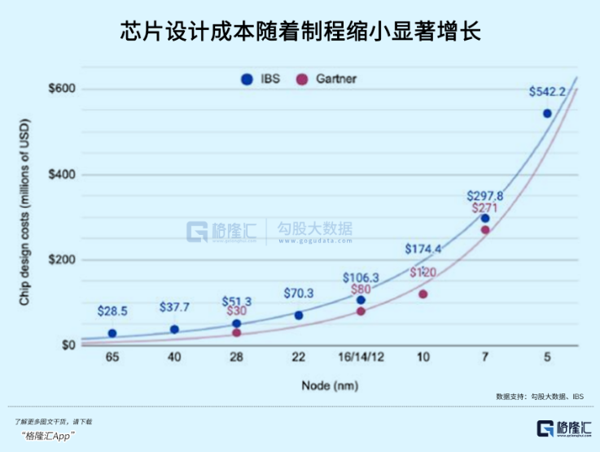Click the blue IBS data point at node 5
click(547, 113)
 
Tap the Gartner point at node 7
click(485, 230)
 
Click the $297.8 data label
click(485, 196)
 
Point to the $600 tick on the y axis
click(62, 89)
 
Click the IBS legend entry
click(260, 79)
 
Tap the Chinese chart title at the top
click(300, 33)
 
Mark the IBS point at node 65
click(112, 333)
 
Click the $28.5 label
click(112, 311)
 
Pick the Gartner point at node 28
click(237, 332)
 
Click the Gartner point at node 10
click(423, 293)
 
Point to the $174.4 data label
click(423, 249)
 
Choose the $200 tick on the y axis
click(62, 260)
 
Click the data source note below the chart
click(539, 396)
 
